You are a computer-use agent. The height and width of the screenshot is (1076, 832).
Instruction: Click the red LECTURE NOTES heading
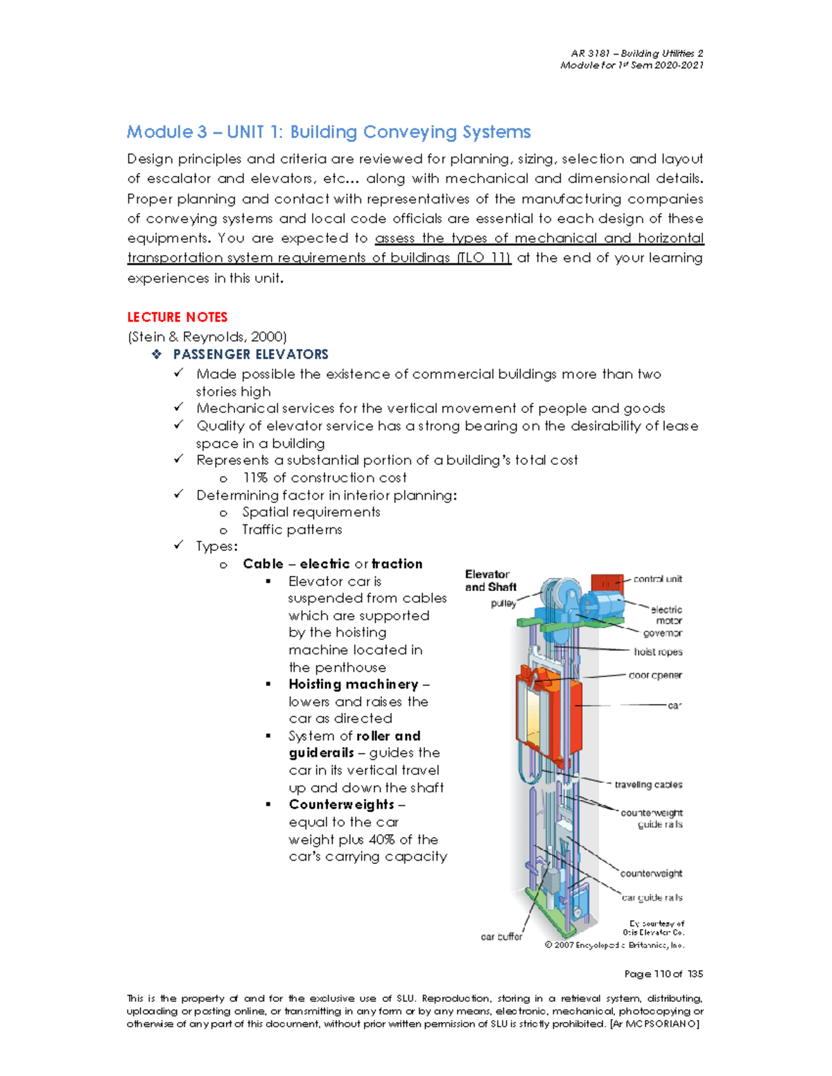coord(177,317)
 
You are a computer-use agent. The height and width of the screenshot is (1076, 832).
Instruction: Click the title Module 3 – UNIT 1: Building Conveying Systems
coord(329,132)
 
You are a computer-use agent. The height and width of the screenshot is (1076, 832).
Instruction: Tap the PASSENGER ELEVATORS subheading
coord(250,355)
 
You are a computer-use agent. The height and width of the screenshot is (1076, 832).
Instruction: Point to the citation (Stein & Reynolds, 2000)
coord(207,337)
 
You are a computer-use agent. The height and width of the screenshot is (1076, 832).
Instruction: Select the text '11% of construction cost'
coord(324,478)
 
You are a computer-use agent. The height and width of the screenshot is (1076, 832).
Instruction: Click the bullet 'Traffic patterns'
coord(292,530)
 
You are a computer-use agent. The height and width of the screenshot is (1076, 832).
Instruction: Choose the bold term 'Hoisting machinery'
coord(353,685)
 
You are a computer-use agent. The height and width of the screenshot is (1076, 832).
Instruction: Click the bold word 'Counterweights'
coord(341,805)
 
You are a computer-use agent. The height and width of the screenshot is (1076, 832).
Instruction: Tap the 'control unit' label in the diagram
coord(657,579)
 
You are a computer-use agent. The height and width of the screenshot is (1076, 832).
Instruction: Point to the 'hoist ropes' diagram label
coord(658,652)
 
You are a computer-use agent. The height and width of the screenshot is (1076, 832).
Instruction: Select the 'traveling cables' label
coord(648,785)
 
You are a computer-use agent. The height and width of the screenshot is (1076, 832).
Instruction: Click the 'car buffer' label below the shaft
coord(501,937)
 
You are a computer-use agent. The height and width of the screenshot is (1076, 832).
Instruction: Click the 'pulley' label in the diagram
coord(503,603)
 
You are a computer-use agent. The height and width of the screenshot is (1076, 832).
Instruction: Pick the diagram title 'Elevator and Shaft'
coord(489,581)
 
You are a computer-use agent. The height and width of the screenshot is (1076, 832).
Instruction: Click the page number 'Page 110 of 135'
coord(664,974)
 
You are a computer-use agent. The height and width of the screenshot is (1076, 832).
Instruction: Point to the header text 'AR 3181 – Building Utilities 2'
coord(636,53)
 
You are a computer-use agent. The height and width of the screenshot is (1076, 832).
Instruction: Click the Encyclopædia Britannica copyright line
coord(614,945)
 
